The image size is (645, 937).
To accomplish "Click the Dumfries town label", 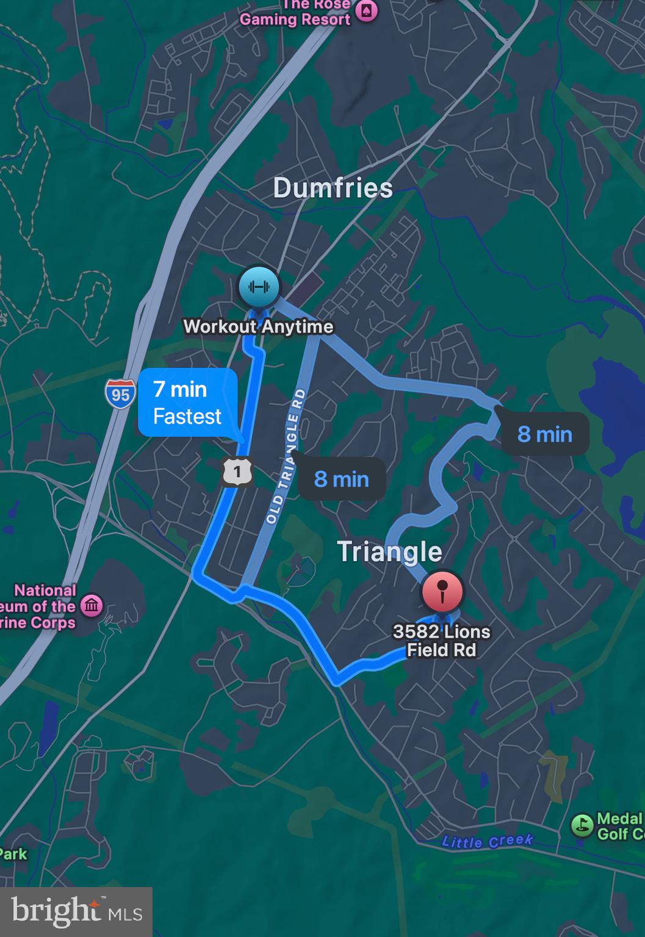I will [333, 187].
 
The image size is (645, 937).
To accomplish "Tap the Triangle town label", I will [389, 551].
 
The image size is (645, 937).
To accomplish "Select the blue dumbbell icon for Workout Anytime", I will [259, 286].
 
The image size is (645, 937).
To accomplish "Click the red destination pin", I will [442, 591].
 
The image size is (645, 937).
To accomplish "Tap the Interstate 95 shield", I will [120, 394].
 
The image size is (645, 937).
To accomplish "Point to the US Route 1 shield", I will [237, 471].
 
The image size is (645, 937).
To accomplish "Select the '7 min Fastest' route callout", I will [188, 403].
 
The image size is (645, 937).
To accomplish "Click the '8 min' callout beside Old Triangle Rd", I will [342, 479].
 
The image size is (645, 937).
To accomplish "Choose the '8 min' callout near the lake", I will [545, 434].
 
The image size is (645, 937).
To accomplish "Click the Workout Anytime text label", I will [258, 326].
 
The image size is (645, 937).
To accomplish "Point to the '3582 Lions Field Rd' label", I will [441, 641].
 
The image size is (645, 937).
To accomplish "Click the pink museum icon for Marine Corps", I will [92, 606].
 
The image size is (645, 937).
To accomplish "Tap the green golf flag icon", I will [582, 825].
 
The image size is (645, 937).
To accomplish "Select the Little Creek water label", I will [487, 841].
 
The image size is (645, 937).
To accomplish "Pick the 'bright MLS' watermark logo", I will [76, 911].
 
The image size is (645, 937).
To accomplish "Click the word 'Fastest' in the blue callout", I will [187, 417].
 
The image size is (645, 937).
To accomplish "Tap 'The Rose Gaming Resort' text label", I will [295, 13].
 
